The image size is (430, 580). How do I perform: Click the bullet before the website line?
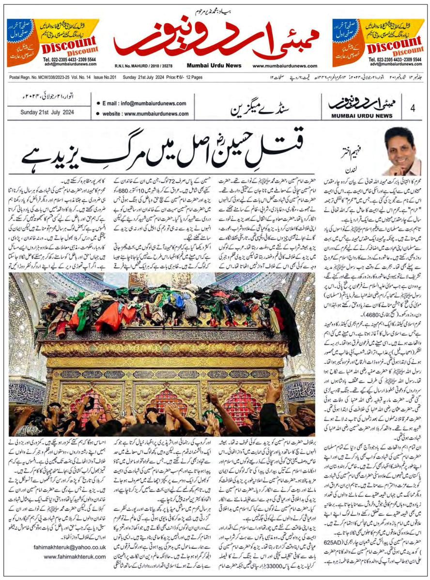point(98,115)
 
